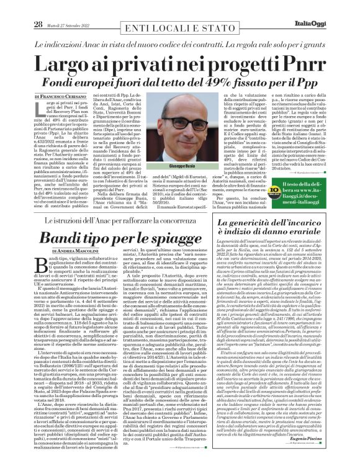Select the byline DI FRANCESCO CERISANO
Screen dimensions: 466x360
61,96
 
